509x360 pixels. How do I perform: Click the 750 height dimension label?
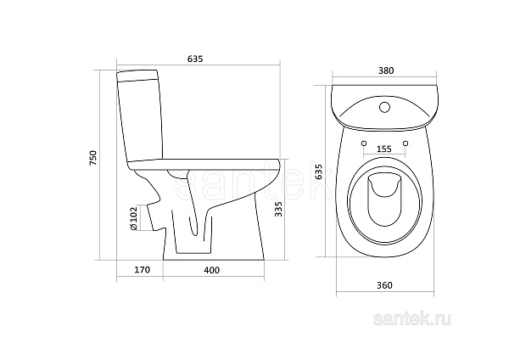pyautogui.click(x=92, y=158)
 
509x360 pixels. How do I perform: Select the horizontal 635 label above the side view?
pyautogui.click(x=195, y=59)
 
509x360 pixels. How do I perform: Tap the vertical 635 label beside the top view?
pyautogui.click(x=319, y=172)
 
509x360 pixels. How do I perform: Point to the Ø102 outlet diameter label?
pyautogui.click(x=134, y=218)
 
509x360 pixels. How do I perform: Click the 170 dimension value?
pyautogui.click(x=143, y=270)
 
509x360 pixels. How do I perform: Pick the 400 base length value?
pyautogui.click(x=211, y=270)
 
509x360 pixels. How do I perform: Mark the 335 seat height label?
pyautogui.click(x=279, y=209)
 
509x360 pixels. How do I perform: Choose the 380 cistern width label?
pyautogui.click(x=386, y=70)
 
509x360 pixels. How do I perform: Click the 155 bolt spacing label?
pyautogui.click(x=384, y=149)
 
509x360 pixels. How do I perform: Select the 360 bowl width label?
pyautogui.click(x=384, y=285)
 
